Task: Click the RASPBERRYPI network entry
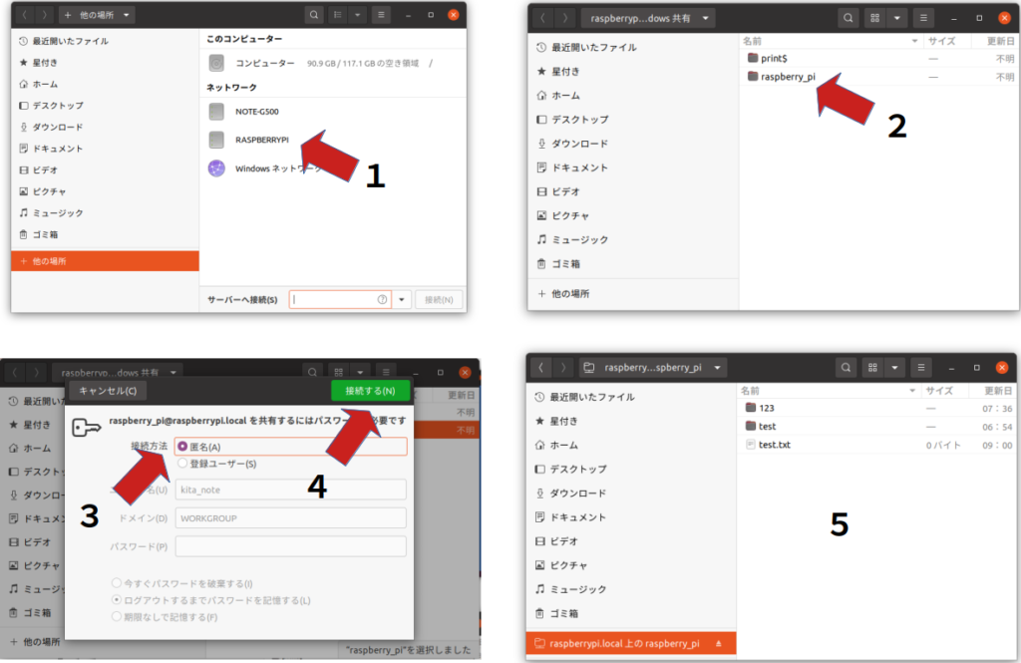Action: coord(261,140)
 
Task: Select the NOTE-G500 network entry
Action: coord(256,111)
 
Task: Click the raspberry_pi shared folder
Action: coord(788,76)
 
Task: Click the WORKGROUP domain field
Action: coord(290,518)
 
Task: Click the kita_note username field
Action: coord(290,490)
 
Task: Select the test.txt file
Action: coord(774,445)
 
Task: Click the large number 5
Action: coord(840,524)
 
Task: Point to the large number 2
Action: coord(897,127)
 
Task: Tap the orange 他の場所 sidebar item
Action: coord(105,261)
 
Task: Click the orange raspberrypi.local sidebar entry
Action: coord(623,644)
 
